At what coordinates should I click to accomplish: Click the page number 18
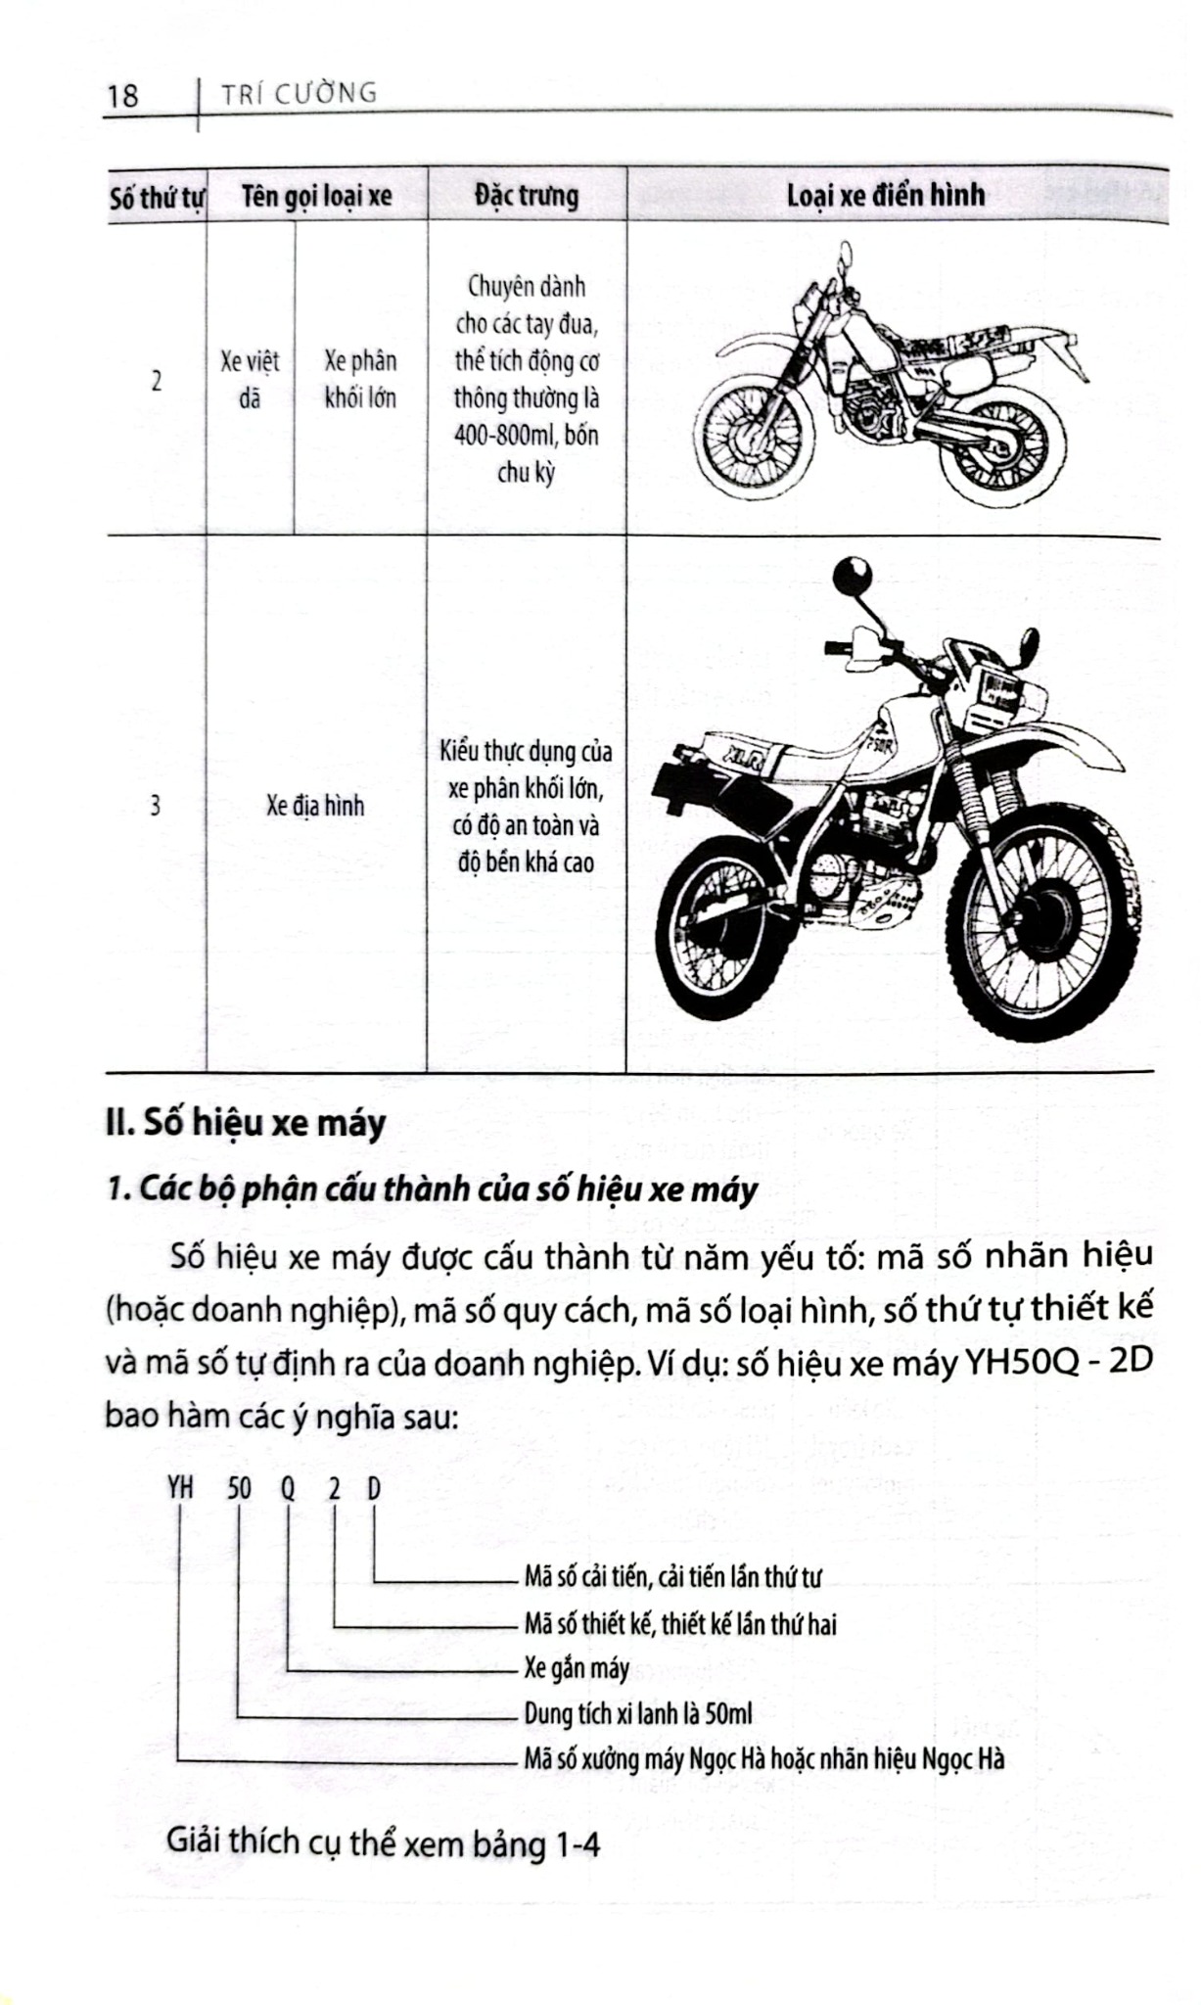pyautogui.click(x=123, y=96)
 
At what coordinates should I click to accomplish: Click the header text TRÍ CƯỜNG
pyautogui.click(x=300, y=94)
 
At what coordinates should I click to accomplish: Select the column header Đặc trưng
pyautogui.click(x=527, y=196)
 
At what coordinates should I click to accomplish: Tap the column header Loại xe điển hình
pyautogui.click(x=885, y=195)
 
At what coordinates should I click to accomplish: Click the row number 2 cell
pyautogui.click(x=157, y=380)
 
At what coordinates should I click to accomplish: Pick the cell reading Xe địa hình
pyautogui.click(x=315, y=806)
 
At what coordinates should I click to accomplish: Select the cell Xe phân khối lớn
pyautogui.click(x=360, y=380)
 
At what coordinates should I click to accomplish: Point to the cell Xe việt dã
pyautogui.click(x=250, y=380)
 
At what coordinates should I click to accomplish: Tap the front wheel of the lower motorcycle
pyautogui.click(x=1041, y=924)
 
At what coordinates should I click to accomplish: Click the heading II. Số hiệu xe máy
pyautogui.click(x=246, y=1123)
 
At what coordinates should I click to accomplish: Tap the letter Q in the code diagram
pyautogui.click(x=288, y=1489)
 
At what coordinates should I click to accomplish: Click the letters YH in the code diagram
pyautogui.click(x=180, y=1489)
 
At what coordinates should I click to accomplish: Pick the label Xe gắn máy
pyautogui.click(x=577, y=1668)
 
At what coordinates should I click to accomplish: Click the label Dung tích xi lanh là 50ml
pyautogui.click(x=638, y=1713)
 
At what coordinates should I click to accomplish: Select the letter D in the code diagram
pyautogui.click(x=374, y=1489)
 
